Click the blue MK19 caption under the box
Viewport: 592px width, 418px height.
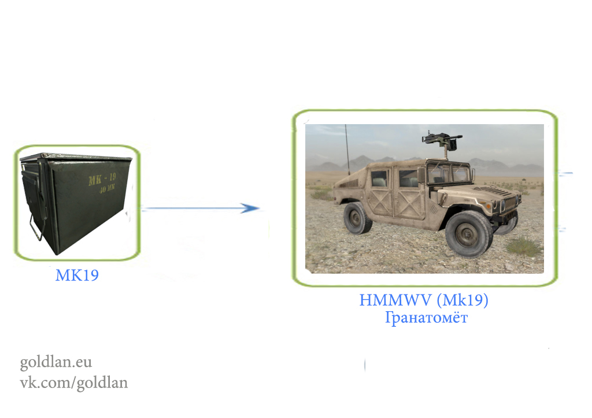[77, 275]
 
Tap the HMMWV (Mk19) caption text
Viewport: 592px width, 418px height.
[424, 300]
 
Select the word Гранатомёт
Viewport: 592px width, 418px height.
[426, 318]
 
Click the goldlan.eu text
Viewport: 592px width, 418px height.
[56, 362]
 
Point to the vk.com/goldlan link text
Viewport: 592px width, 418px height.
[73, 383]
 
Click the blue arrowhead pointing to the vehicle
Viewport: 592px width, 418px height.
[250, 208]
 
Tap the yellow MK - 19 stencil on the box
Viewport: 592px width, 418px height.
[102, 179]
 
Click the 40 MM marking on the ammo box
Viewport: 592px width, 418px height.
[107, 188]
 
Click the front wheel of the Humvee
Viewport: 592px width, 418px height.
[468, 234]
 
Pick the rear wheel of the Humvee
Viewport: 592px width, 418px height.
[357, 218]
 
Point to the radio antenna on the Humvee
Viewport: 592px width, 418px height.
[347, 150]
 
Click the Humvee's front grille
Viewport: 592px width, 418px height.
[510, 204]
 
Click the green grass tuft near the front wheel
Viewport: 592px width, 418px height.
[523, 247]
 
